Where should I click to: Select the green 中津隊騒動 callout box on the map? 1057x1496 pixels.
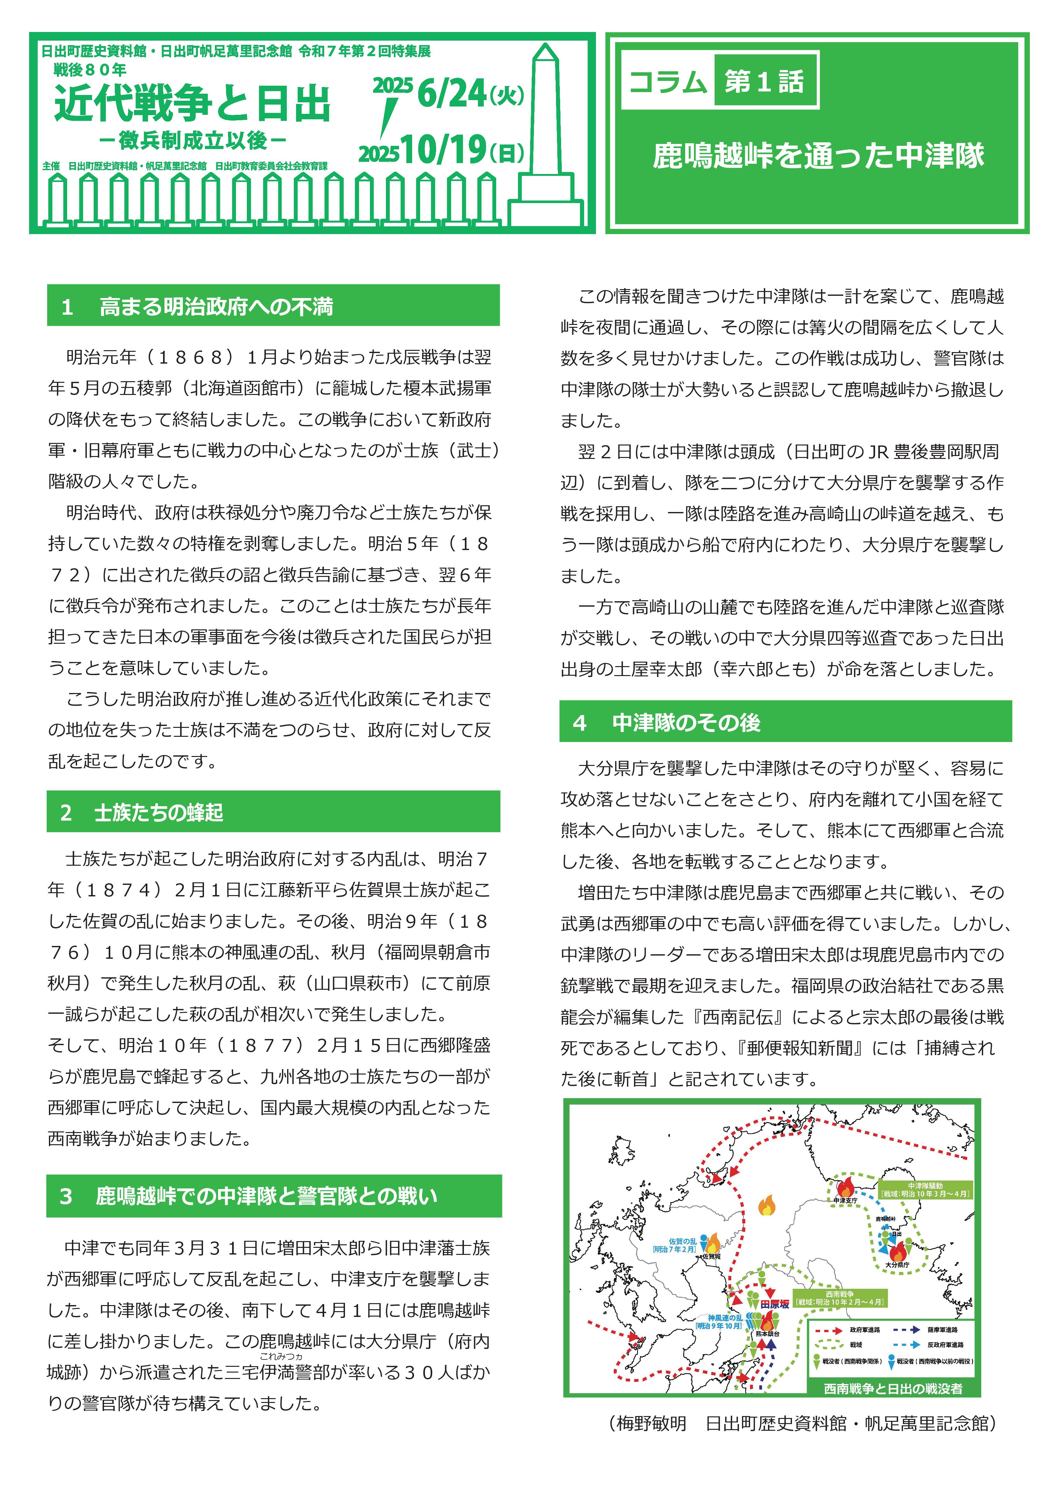(x=925, y=1190)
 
